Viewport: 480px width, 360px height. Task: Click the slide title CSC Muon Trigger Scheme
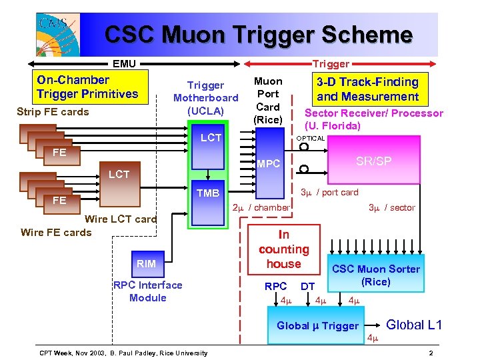[259, 35]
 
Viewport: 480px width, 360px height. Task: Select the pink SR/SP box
[373, 161]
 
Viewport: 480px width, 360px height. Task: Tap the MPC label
[269, 163]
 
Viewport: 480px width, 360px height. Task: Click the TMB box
[208, 193]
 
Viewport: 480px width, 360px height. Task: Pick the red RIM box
[146, 263]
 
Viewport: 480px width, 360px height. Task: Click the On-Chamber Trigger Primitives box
[88, 87]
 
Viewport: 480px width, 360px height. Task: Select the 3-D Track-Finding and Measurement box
[367, 89]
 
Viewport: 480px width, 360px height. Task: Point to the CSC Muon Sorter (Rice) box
[376, 275]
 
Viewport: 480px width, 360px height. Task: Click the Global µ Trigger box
[318, 325]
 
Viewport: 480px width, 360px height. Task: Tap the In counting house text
[284, 249]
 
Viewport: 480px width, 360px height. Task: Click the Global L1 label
[414, 325]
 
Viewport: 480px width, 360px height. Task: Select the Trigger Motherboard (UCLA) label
[205, 97]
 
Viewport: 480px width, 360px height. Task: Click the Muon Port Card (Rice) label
[268, 100]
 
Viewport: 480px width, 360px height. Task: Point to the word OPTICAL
[310, 139]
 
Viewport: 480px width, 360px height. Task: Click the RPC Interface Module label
[147, 291]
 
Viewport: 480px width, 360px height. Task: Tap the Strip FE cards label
[52, 111]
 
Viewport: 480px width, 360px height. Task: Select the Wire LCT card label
[121, 219]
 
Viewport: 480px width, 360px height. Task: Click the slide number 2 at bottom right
[431, 353]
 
